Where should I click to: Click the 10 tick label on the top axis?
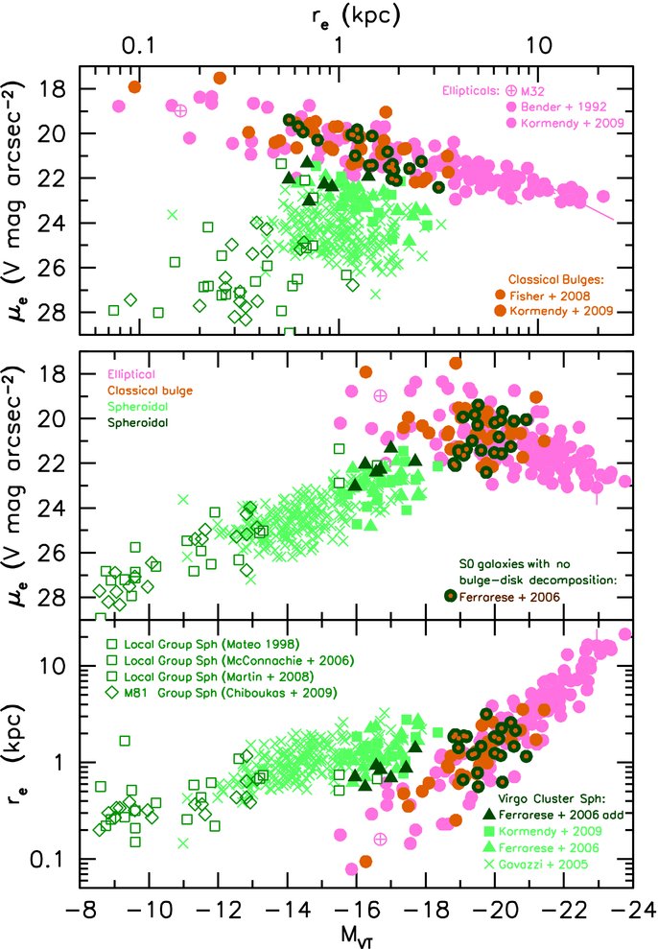[539, 45]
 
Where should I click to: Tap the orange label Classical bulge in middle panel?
[150, 391]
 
